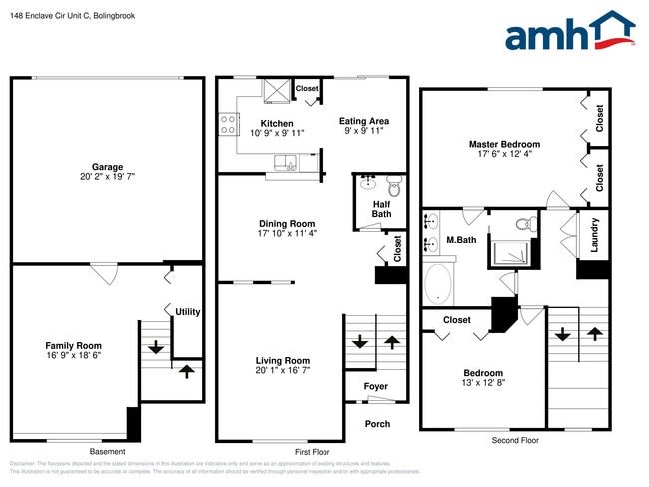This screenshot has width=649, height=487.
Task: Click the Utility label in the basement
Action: coord(187,312)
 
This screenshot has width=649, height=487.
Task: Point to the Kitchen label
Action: coord(250,123)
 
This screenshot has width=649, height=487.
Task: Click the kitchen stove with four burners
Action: coord(228,124)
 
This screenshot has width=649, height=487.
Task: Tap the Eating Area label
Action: coord(363,121)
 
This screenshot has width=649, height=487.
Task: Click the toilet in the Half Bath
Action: coord(393,184)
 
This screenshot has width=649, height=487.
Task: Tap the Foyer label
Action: coord(374,386)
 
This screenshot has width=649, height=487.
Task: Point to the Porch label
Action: coord(377,424)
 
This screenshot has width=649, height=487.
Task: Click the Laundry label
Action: coord(594,236)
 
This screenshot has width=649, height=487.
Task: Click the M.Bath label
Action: coord(459,240)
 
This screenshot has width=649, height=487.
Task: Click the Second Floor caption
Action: coord(515,440)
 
